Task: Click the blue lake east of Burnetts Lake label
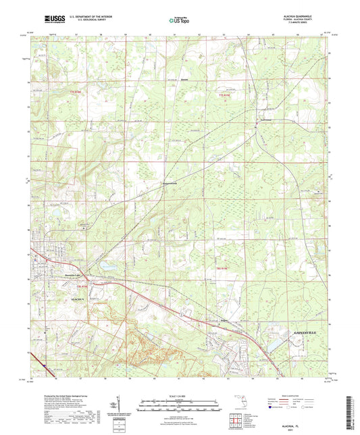tap(109, 267)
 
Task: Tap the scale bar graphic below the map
tap(178, 404)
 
